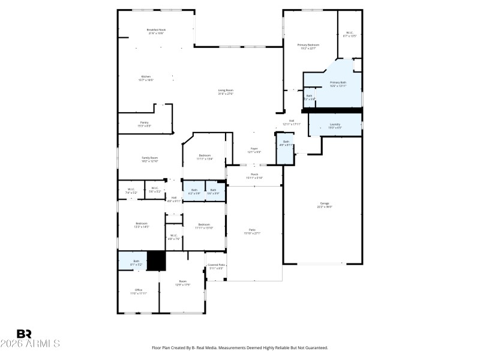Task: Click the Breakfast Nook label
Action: (x=156, y=30)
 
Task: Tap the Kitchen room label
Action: (x=146, y=77)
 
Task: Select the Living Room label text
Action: (x=226, y=91)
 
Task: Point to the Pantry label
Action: (x=144, y=122)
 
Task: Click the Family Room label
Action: (x=149, y=158)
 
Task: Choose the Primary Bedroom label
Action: (x=309, y=45)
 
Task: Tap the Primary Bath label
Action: (x=338, y=83)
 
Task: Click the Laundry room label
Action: (x=335, y=125)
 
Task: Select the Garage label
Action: (x=324, y=204)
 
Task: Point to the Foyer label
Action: (x=254, y=149)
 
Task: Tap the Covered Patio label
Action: (x=216, y=265)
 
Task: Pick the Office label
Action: (x=139, y=290)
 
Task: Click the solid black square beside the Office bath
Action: (x=157, y=261)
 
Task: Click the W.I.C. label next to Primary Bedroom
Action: (x=350, y=33)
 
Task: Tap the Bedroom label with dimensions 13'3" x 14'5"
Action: (x=141, y=224)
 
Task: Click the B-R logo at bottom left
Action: (x=24, y=334)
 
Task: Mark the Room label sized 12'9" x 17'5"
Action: (x=182, y=281)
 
